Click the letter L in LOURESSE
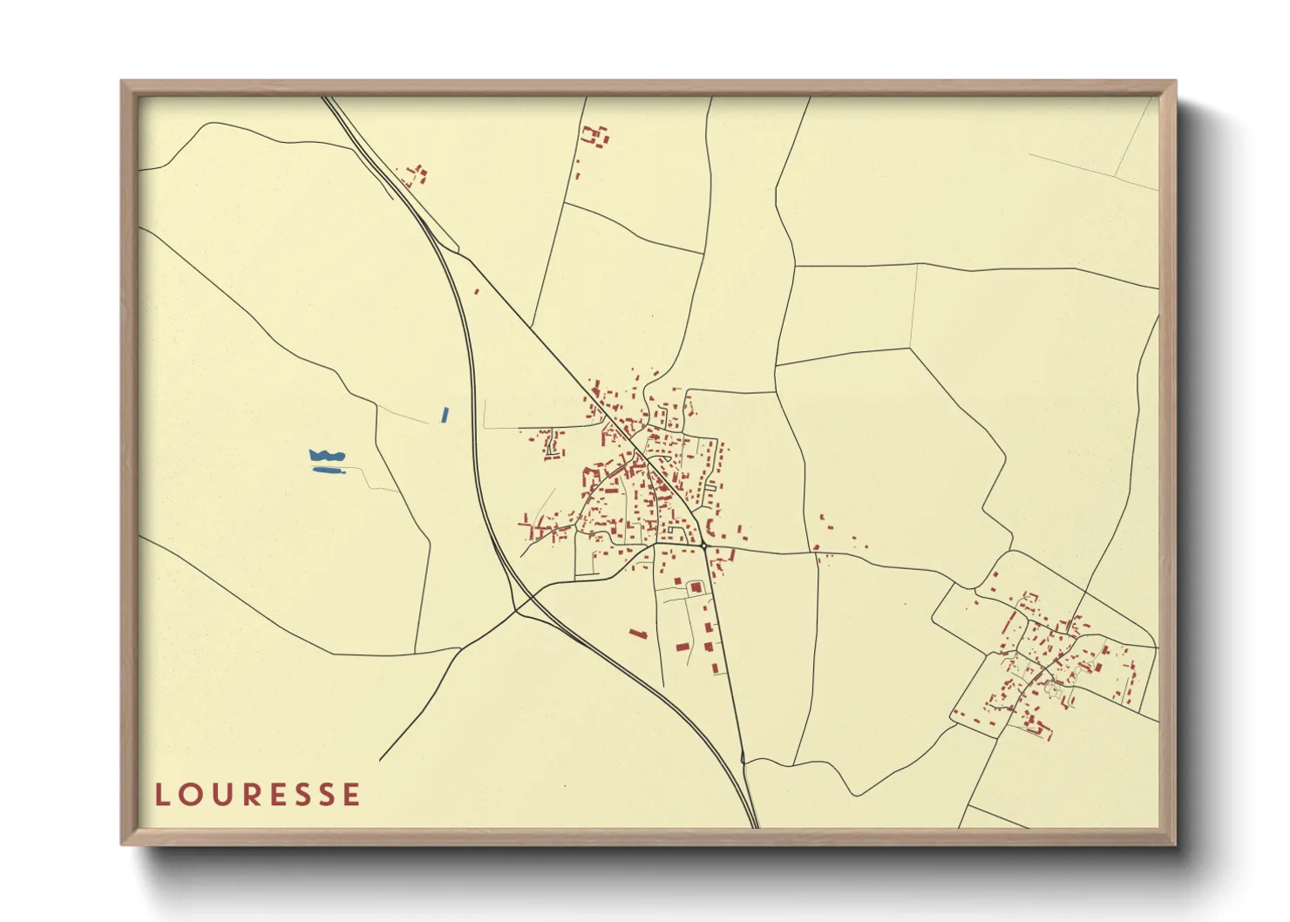[x=161, y=795]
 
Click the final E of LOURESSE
[x=351, y=795]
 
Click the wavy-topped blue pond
[x=327, y=455]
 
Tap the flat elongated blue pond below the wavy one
[x=329, y=471]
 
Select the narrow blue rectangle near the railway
[x=445, y=415]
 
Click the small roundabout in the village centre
[x=703, y=546]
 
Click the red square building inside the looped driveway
[x=696, y=587]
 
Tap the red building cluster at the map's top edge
[x=595, y=136]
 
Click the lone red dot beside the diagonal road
[x=477, y=291]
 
